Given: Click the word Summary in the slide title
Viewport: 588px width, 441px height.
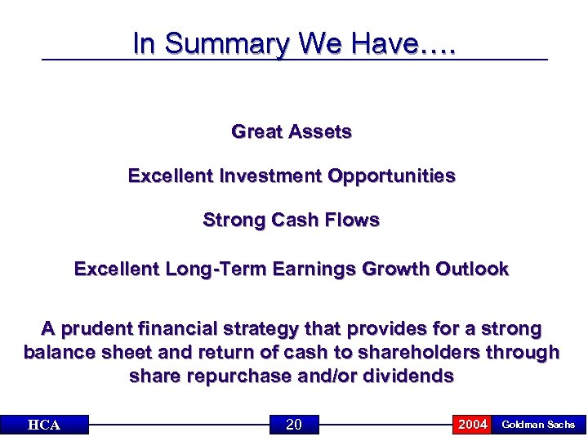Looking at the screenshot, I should pos(228,44).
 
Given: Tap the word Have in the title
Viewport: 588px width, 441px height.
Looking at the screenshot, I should pos(376,44).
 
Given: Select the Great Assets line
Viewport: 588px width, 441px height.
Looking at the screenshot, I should pos(292,131).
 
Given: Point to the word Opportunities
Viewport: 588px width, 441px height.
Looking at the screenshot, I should pos(392,176).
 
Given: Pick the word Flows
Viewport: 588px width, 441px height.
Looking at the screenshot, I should pos(352,220).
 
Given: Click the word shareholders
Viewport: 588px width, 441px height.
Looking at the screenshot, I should pos(412,353).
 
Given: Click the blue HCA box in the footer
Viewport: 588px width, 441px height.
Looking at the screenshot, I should pos(44,425).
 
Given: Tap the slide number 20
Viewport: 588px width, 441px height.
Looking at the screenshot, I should pos(294,424).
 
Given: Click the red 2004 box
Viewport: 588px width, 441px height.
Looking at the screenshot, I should pos(472,424).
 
